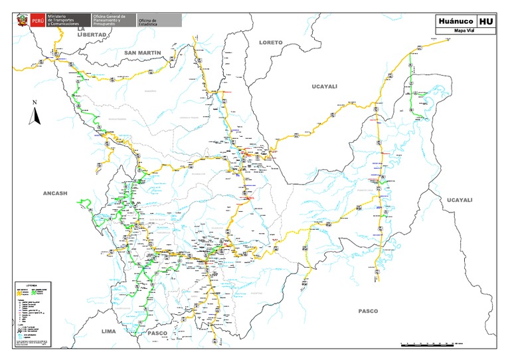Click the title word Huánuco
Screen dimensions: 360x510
point(455,21)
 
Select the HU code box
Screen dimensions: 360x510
point(486,21)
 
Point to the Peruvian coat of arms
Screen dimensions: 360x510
point(21,21)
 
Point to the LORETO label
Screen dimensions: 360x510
point(271,42)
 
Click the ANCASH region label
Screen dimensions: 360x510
point(56,193)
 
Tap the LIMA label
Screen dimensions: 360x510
point(109,330)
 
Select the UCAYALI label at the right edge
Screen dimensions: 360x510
point(459,200)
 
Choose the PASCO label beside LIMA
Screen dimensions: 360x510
point(157,332)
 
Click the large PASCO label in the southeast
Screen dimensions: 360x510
point(368,311)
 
